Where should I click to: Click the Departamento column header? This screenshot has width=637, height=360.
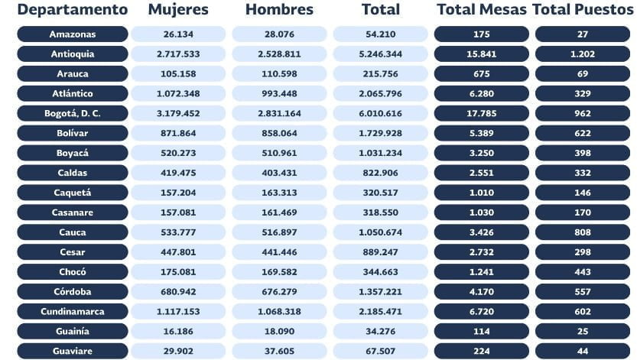[73, 10]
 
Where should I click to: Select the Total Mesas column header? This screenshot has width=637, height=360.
[481, 10]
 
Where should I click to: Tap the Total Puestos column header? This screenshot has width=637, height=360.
[582, 10]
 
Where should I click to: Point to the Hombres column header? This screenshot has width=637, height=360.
[279, 10]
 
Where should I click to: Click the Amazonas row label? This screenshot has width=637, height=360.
[73, 34]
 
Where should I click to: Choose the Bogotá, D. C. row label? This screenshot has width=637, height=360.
[73, 113]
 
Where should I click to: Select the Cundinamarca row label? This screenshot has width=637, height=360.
[73, 312]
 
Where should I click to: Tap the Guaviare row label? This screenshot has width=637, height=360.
[73, 352]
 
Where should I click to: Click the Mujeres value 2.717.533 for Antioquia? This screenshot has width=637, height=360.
[178, 54]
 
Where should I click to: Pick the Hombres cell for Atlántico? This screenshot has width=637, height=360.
[279, 94]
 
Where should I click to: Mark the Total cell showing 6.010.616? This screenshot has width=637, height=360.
[380, 113]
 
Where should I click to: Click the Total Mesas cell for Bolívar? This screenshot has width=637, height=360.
[481, 133]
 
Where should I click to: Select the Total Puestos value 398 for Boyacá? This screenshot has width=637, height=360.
[582, 153]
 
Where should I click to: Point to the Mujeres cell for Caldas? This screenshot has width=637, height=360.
[178, 173]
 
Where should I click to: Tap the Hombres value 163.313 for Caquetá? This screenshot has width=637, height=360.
[279, 193]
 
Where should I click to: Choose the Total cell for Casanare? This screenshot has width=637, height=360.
[380, 212]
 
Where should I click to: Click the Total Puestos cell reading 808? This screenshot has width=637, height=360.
[582, 232]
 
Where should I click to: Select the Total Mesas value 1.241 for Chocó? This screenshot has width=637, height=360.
[481, 272]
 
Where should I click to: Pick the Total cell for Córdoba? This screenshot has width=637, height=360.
[380, 292]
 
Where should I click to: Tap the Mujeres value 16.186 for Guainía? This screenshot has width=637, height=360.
[178, 332]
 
